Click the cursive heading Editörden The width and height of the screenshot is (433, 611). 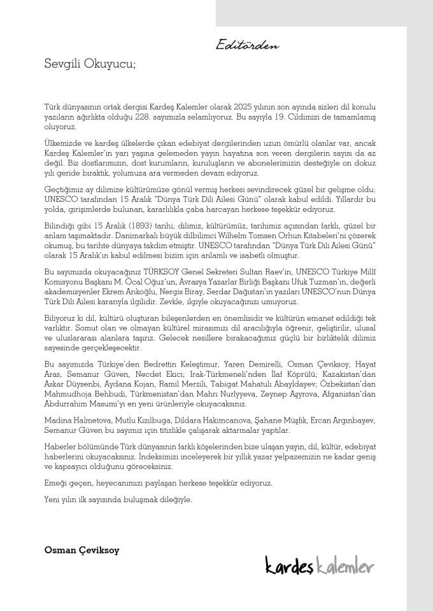point(247,45)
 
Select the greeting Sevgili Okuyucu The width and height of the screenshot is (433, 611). point(90,64)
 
